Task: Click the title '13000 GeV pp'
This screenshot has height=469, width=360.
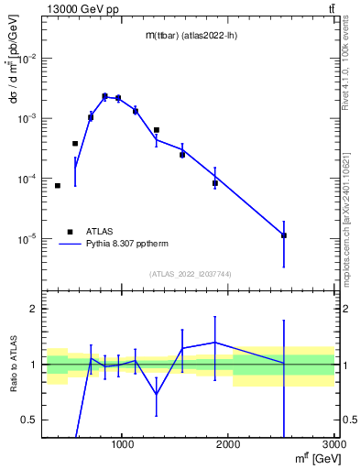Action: (x=82, y=9)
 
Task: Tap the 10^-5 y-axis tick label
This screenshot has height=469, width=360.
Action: (x=28, y=239)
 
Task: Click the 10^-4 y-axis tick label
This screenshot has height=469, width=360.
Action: (x=28, y=179)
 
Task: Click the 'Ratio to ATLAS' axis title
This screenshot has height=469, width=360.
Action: (x=12, y=364)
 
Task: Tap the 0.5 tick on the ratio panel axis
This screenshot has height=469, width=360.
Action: (x=29, y=420)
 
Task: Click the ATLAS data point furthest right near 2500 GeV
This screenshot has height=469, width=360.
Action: (x=284, y=235)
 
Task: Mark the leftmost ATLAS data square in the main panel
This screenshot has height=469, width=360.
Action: (x=58, y=186)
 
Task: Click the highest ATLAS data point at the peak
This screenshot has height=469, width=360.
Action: (x=104, y=96)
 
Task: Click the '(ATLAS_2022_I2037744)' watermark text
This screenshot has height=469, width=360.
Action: (x=191, y=274)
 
